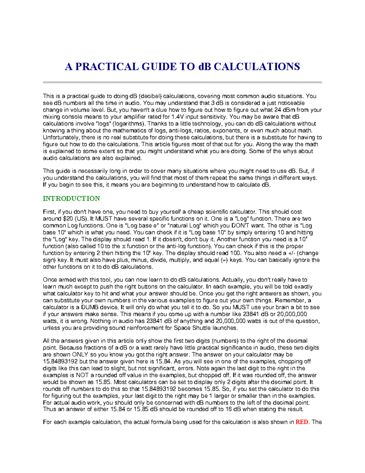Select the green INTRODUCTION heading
71,199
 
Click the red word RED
302,422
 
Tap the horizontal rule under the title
182,82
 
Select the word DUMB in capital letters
86,307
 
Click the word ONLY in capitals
80,355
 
